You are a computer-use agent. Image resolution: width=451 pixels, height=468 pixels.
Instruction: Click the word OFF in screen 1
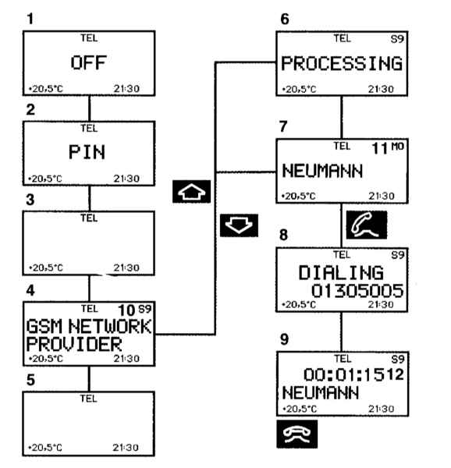pos(89,62)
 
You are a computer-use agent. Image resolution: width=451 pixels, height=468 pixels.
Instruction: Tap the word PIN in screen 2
pos(87,152)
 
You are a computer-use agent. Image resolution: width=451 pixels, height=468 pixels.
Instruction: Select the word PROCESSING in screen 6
pos(342,64)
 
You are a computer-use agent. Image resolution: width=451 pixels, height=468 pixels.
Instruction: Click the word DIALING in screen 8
pos(341,272)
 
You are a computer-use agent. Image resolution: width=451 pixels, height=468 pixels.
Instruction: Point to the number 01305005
pos(357,291)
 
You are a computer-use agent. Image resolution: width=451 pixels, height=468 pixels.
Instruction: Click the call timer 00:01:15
pos(344,374)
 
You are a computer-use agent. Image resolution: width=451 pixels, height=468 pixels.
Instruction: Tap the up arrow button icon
pos(192,192)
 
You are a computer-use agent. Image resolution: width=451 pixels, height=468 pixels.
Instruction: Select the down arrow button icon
pos(239,225)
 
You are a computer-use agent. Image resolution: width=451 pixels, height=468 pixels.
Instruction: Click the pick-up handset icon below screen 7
pos(367,225)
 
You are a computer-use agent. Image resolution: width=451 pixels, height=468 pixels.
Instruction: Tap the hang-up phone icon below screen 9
pos(297,434)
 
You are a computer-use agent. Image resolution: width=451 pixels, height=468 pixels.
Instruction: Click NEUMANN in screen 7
pos(322,171)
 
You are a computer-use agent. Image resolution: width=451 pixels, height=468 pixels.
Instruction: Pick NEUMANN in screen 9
pos(321,392)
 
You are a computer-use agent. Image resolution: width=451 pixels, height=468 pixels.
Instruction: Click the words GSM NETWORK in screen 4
pos(89,326)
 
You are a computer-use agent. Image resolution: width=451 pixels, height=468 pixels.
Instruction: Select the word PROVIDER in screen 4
pos(74,344)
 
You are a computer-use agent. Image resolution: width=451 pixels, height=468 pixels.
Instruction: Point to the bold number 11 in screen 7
pos(380,148)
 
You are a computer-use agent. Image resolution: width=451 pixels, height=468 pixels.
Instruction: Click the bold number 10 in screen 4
pos(127,310)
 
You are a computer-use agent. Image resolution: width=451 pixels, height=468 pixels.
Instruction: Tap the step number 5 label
pos(30,381)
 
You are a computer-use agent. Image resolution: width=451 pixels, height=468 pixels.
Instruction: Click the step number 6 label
pos(285,19)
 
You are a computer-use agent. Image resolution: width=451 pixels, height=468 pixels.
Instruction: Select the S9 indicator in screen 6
pos(397,39)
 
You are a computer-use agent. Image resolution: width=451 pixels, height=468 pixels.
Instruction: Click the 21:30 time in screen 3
pos(126,268)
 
